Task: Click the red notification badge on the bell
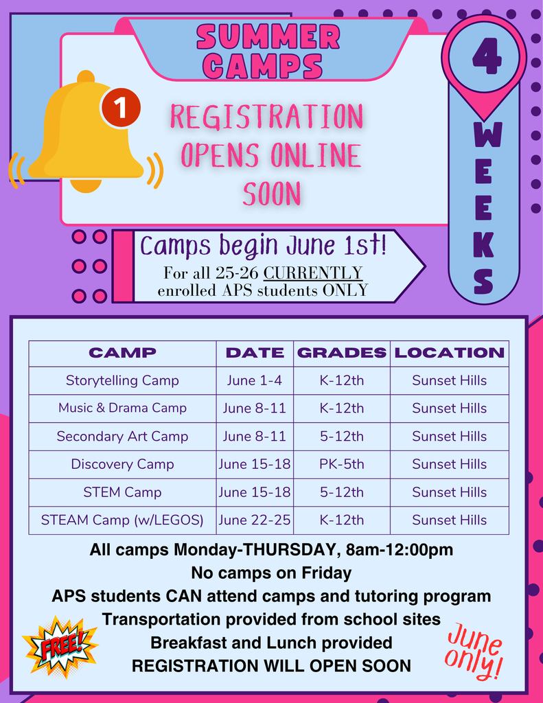[x=121, y=108]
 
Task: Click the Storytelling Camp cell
[x=122, y=380]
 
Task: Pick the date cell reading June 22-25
[x=255, y=520]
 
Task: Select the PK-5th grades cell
[x=341, y=464]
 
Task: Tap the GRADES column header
[x=341, y=353]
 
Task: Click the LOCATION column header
[x=449, y=353]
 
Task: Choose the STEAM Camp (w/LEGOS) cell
[x=122, y=520]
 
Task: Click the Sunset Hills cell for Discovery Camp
[x=449, y=464]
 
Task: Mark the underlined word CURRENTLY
[x=313, y=273]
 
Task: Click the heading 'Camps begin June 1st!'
[x=263, y=245]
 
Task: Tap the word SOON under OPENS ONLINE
[x=272, y=194]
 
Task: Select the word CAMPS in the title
[x=264, y=66]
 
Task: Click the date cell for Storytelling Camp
[x=255, y=380]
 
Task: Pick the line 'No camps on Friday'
[x=271, y=573]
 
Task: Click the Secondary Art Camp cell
[x=122, y=436]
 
